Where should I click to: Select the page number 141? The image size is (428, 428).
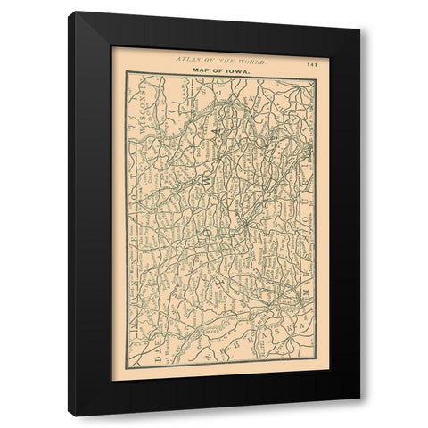pyautogui.click(x=310, y=62)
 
